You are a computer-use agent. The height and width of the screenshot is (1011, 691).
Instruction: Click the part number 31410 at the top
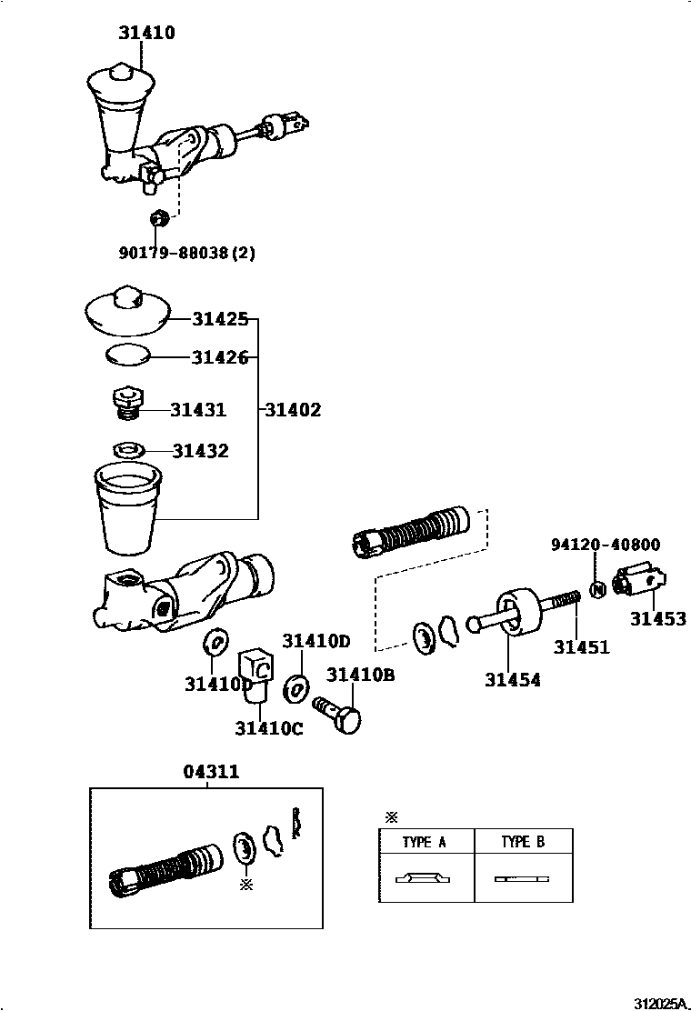(145, 33)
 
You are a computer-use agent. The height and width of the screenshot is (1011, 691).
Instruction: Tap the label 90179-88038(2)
(186, 253)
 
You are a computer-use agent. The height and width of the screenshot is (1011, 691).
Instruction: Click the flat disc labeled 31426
(126, 355)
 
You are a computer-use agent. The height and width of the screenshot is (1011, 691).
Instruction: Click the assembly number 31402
(292, 410)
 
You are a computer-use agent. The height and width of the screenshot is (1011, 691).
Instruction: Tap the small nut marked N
(597, 589)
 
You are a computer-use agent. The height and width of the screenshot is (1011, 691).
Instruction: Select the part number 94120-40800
(605, 545)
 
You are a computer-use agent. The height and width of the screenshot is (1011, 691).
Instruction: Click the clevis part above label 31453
(644, 581)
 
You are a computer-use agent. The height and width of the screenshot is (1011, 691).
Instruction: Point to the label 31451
(581, 647)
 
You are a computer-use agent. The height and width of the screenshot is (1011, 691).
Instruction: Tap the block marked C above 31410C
(256, 671)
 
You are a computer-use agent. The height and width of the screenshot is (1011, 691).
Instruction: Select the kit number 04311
(211, 772)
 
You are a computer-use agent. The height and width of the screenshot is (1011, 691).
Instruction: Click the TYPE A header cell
(426, 842)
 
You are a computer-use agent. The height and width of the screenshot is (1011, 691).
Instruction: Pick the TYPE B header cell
(523, 842)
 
